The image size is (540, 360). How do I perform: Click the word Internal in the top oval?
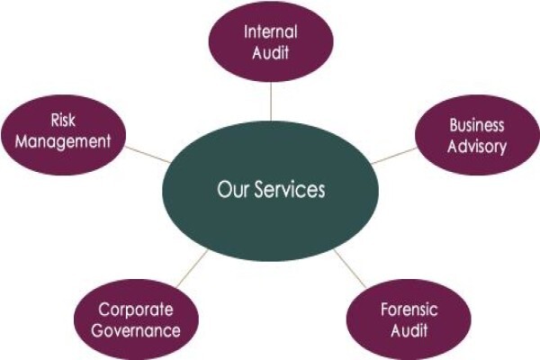[x=270, y=32]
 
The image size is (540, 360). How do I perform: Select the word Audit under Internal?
[x=270, y=53]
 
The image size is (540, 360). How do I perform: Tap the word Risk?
[x=63, y=121]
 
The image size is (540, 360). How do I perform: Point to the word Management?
[x=63, y=142]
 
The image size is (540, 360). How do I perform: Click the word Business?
[x=477, y=125]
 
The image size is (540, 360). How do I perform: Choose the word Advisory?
[x=477, y=147]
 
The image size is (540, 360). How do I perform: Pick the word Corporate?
[x=135, y=310]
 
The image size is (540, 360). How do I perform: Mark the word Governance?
[x=136, y=330]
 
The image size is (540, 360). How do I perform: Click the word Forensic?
[x=409, y=310]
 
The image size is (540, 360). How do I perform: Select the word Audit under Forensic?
[x=409, y=330]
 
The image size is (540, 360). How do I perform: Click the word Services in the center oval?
[x=290, y=190]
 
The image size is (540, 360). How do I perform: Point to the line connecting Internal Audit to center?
[x=271, y=102]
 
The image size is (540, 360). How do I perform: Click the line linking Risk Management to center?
[x=148, y=154]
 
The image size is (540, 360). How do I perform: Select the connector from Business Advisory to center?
[x=394, y=156]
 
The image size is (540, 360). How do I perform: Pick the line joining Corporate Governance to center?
[x=193, y=268]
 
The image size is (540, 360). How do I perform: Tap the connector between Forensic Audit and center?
[x=349, y=268]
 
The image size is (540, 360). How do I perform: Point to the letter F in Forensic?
[x=384, y=310]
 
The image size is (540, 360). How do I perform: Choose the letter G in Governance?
[x=98, y=330]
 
